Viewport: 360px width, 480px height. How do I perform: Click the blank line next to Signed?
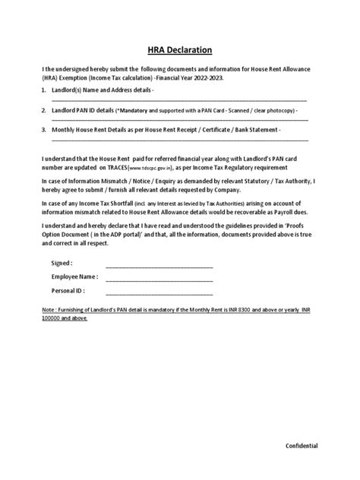(x=159, y=267)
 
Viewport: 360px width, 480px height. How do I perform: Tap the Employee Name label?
(x=74, y=277)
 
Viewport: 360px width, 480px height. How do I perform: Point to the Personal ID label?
(x=68, y=289)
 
